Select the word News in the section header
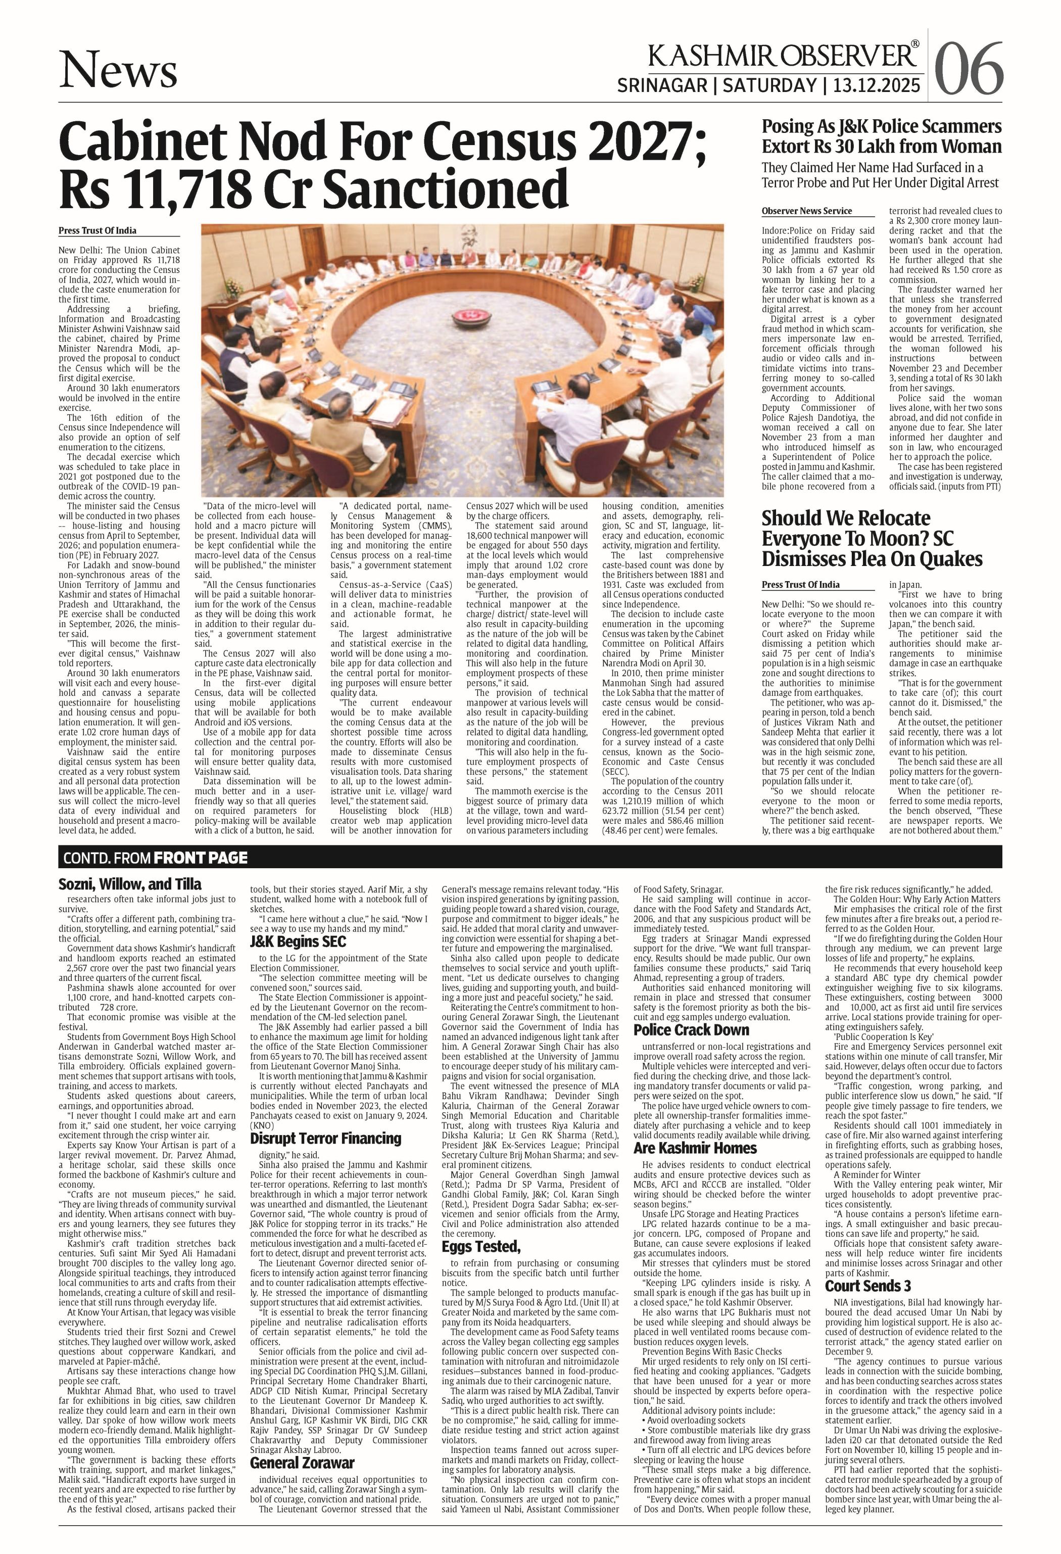[x=118, y=71]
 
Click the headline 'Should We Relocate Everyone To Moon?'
[x=848, y=538]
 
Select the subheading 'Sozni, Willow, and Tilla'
[x=130, y=884]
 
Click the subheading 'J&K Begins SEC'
[x=298, y=941]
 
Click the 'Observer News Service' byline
[x=806, y=211]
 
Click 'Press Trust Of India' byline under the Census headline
[x=98, y=230]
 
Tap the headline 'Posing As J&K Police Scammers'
[x=881, y=126]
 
